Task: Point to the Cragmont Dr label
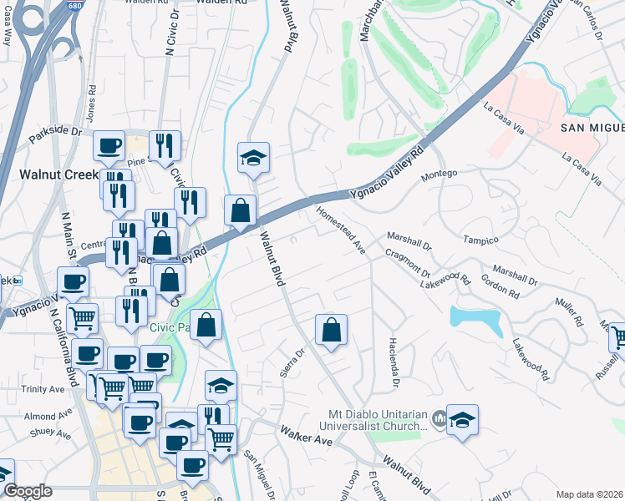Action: click(408, 262)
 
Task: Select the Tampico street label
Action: click(480, 240)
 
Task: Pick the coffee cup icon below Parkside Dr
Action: click(109, 146)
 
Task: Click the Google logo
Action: click(28, 491)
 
